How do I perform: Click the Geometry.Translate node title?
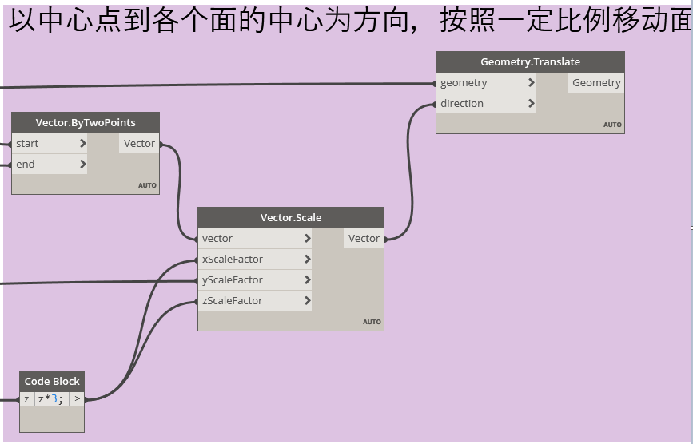coord(530,62)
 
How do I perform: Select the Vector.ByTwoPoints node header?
coord(86,123)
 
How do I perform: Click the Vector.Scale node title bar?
coord(291,218)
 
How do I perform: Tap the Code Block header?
coord(52,382)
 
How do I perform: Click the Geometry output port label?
coord(595,83)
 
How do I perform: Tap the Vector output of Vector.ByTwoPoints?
coord(139,144)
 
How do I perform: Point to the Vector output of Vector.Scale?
coord(364,239)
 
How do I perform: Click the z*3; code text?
coord(51,399)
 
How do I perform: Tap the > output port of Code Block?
coord(77,399)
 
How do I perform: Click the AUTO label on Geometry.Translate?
coord(612,125)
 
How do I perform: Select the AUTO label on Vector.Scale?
coord(372,322)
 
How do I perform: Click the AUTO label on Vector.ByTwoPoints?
coord(147,185)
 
